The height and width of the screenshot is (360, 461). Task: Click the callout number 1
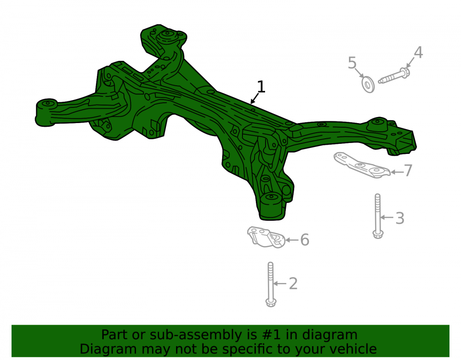[261, 87]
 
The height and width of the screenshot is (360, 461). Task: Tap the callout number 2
[293, 283]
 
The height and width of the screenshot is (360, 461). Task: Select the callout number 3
[400, 218]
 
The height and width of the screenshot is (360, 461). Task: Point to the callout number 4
[419, 53]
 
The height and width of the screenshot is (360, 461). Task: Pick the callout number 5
[352, 63]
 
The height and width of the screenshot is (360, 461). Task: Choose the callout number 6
[305, 240]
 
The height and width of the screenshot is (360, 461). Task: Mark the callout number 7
[408, 171]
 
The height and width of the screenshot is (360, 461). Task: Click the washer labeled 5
[368, 84]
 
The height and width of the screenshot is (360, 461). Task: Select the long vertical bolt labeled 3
[378, 216]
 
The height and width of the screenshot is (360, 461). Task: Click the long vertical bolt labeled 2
[271, 284]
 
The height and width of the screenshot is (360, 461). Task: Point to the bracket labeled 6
[266, 237]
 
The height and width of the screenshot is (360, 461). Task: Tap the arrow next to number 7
[397, 172]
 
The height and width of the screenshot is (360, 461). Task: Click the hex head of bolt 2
[271, 302]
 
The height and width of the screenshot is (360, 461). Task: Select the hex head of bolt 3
[378, 234]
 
